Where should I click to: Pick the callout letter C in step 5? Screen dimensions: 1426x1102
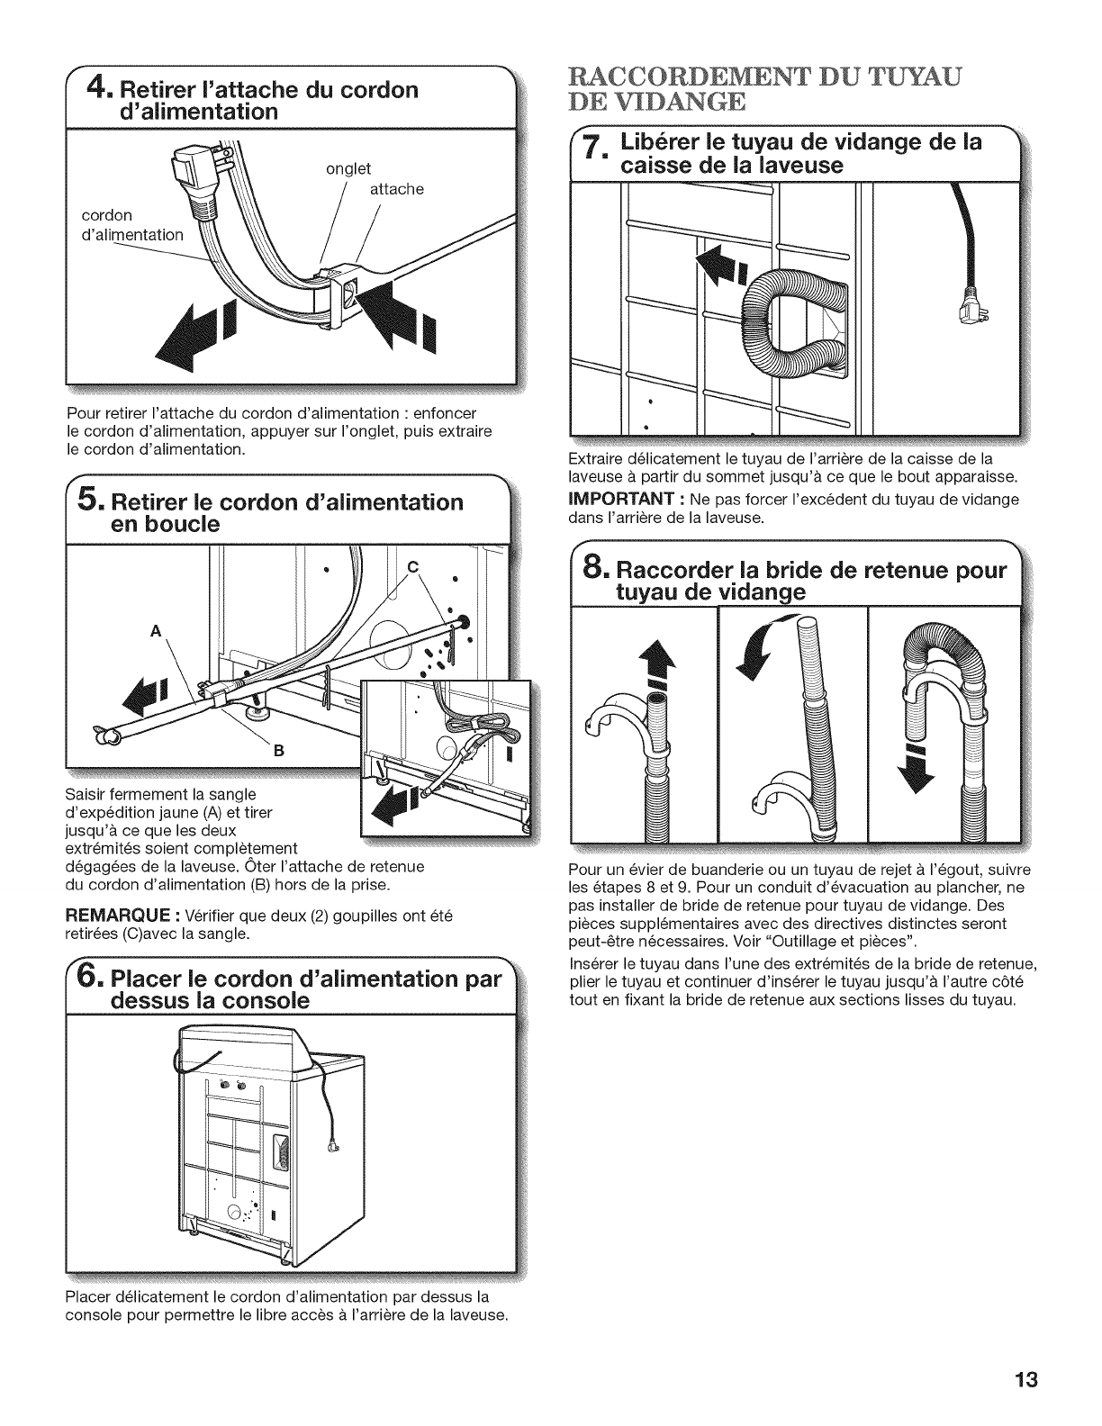click(413, 566)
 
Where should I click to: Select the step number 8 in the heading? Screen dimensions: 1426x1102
click(594, 573)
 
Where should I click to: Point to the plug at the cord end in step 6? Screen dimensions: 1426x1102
click(337, 1146)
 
